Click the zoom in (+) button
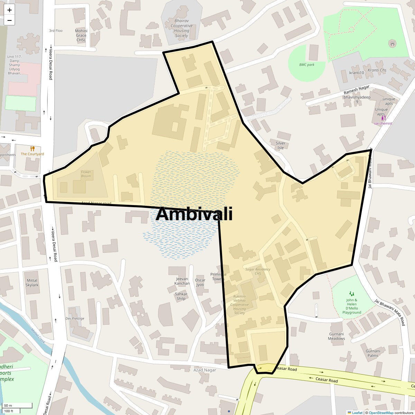click(9, 10)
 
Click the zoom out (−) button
click(9, 20)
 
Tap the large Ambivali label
click(194, 214)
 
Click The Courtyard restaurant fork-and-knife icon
click(33, 148)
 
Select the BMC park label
click(307, 65)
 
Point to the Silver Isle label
click(280, 145)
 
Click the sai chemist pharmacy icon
click(383, 118)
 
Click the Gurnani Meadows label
click(336, 336)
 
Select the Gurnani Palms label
click(373, 353)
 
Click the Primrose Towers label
click(218, 277)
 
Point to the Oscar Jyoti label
click(200, 282)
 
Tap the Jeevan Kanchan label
click(182, 281)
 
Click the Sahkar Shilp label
click(181, 296)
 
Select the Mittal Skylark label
click(32, 283)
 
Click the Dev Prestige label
click(75, 319)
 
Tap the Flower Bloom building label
click(86, 174)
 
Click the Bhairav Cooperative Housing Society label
click(182, 28)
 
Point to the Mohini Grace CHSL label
click(81, 35)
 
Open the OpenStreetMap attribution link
click(381, 413)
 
